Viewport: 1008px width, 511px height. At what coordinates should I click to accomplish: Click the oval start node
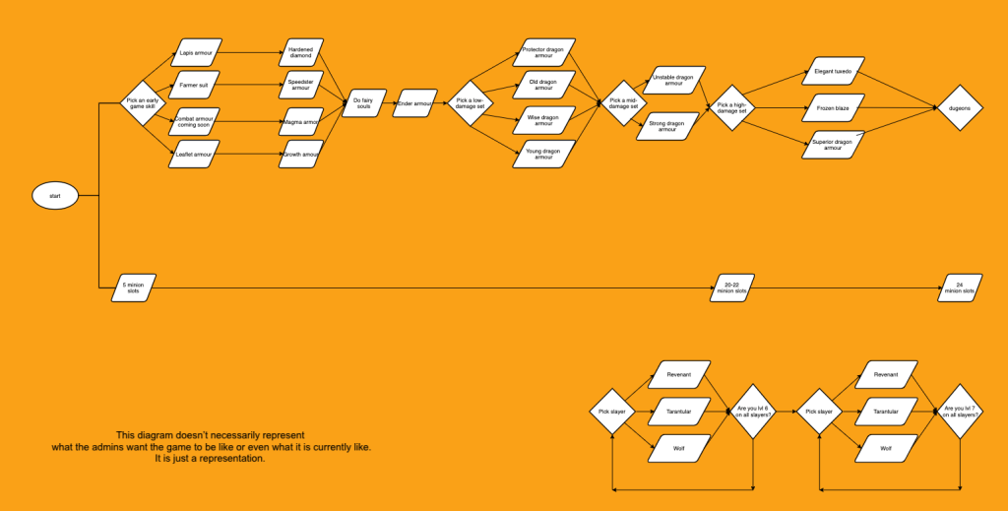coord(55,196)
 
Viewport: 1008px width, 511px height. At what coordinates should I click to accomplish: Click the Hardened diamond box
coord(301,52)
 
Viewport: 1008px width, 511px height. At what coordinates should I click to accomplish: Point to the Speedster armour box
coord(301,86)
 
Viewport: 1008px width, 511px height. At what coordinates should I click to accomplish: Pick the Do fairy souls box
coord(363,103)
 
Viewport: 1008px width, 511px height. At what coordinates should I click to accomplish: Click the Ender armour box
coord(415,103)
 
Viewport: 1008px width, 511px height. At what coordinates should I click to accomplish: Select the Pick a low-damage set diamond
coord(471,103)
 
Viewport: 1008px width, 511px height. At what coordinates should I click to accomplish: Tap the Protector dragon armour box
coord(544,52)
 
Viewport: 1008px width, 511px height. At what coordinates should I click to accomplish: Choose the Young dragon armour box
coord(544,154)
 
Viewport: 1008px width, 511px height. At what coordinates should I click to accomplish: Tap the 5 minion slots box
coord(132,287)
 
